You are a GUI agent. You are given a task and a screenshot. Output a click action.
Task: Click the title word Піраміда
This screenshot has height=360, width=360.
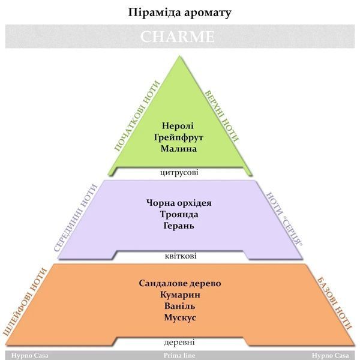(151, 13)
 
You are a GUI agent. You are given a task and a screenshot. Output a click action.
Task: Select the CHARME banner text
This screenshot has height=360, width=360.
(177, 37)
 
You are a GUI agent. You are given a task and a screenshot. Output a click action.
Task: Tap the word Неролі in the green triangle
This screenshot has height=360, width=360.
(178, 126)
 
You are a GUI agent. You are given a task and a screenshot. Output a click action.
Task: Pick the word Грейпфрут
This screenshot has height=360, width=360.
(178, 137)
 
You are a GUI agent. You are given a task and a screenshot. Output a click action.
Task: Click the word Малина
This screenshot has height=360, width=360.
(179, 149)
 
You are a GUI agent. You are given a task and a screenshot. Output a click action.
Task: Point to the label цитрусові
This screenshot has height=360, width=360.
(179, 172)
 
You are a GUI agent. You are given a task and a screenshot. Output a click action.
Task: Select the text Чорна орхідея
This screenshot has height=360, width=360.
(179, 203)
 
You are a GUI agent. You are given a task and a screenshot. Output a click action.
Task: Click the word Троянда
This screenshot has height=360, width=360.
(179, 214)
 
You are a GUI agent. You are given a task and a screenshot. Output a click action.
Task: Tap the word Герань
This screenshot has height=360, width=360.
(179, 226)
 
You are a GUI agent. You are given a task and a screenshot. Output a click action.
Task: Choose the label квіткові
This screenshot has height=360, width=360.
(181, 256)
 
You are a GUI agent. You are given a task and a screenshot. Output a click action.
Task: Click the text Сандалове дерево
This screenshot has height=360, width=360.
(180, 283)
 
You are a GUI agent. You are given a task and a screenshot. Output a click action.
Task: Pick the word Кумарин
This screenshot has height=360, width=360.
(180, 295)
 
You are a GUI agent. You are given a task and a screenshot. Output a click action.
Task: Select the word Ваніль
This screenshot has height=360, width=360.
(180, 306)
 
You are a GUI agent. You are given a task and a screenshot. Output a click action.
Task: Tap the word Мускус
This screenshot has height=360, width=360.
(180, 318)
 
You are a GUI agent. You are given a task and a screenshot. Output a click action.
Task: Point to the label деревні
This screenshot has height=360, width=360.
(179, 342)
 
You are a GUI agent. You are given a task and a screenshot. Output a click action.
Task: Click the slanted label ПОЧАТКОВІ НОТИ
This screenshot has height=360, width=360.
(137, 116)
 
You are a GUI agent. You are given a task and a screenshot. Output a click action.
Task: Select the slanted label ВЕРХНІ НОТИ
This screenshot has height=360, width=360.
(221, 116)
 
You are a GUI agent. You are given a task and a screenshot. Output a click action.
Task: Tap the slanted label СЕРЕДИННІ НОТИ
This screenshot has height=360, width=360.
(76, 218)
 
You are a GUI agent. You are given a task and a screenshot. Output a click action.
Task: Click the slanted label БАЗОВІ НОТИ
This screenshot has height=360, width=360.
(334, 304)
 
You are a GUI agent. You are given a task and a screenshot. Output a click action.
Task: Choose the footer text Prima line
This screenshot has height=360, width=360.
(179, 356)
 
